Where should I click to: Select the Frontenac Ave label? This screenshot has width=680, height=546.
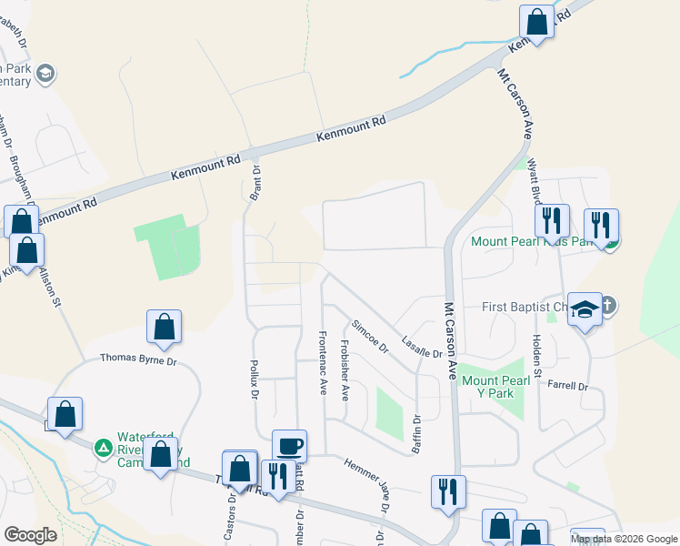[x=322, y=361]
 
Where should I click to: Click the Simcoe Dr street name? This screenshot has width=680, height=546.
[x=370, y=336]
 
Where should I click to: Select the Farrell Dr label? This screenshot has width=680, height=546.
[x=568, y=387]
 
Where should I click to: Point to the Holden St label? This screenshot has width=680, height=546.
[x=536, y=356]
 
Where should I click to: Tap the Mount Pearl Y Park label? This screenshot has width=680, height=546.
[x=494, y=387]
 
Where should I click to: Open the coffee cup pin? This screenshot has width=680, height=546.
[x=289, y=445]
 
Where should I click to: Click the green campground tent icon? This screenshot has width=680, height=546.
[x=104, y=448]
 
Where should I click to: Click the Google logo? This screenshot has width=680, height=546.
[x=30, y=535]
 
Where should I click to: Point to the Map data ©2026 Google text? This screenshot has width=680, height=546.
[x=623, y=539]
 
